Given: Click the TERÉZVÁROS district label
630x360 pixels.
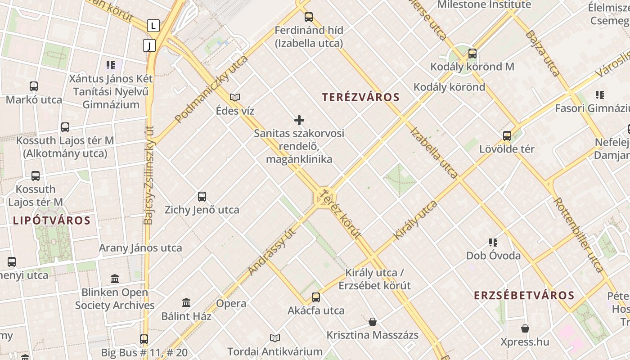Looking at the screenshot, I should [x=361, y=97].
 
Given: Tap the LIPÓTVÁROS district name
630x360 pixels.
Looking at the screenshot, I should [x=52, y=220].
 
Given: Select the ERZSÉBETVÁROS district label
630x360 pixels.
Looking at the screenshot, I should [x=524, y=295].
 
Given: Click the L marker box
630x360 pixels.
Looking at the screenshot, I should [x=153, y=26].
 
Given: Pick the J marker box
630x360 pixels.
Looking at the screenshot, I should [x=149, y=45].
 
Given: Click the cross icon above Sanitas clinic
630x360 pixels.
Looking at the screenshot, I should [x=299, y=120].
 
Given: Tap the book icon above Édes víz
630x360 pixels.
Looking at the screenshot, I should [x=235, y=97].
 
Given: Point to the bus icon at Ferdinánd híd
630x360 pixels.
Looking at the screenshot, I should [x=309, y=17].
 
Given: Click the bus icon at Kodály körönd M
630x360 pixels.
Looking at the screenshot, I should [x=472, y=54].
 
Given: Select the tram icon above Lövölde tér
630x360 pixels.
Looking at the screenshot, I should [x=507, y=135].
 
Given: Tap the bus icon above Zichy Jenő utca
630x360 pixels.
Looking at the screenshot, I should [x=202, y=197].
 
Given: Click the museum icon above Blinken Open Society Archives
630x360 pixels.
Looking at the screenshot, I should [x=115, y=279].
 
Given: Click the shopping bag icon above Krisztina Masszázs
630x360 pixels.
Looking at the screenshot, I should [x=373, y=322].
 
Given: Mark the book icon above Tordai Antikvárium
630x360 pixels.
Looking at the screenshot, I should [x=274, y=338].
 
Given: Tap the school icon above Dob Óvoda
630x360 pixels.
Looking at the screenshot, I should [x=493, y=243].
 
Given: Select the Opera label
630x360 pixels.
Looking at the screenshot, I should [x=231, y=303].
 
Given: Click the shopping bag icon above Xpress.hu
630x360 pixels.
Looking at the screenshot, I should [x=525, y=328].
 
